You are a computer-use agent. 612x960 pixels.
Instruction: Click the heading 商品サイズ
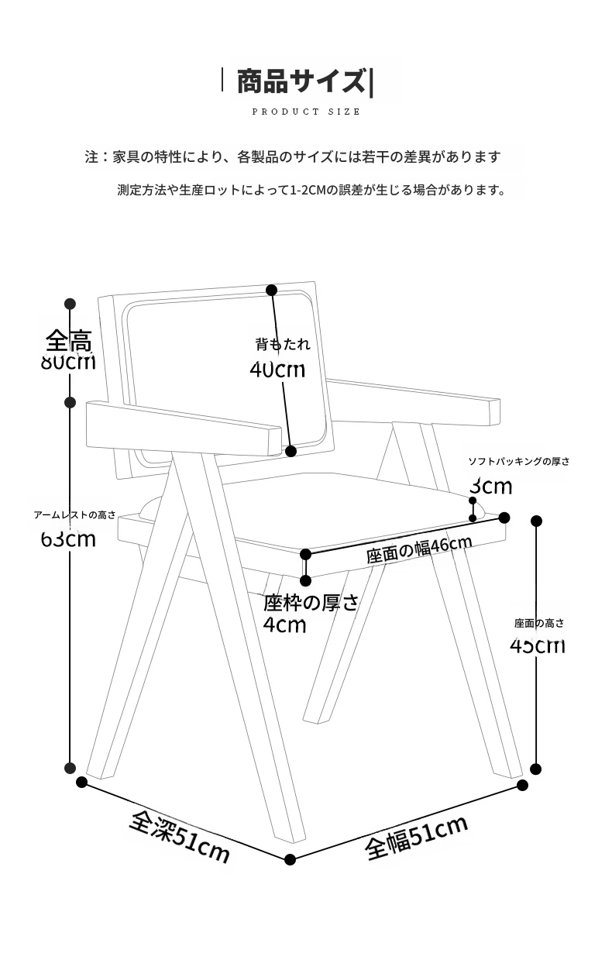[x=301, y=81]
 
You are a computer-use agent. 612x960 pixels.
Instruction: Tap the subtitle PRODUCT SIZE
[x=306, y=112]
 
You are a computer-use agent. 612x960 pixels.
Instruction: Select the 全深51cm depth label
[x=180, y=837]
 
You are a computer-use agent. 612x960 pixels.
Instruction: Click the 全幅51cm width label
[x=417, y=838]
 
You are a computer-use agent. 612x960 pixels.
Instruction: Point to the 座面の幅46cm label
[x=418, y=549]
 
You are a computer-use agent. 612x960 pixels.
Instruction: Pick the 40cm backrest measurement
[x=277, y=370]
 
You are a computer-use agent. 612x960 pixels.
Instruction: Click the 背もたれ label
[x=282, y=344]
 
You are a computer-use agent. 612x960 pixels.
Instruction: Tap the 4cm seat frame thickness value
[x=284, y=625]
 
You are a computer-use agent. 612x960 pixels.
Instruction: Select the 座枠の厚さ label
[x=311, y=603]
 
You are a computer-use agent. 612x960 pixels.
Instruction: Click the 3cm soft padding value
[x=491, y=487]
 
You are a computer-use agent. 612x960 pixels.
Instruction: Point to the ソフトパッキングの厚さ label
[x=518, y=462]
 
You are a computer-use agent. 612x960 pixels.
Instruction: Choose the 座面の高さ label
[x=539, y=623]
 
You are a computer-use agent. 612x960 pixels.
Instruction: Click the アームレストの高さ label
[x=74, y=515]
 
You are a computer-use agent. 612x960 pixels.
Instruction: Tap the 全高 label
[x=69, y=340]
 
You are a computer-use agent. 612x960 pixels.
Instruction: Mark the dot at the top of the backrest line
[x=272, y=291]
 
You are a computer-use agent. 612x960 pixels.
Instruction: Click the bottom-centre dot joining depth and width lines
[x=291, y=859]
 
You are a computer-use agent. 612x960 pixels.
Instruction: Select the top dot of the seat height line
[x=536, y=521]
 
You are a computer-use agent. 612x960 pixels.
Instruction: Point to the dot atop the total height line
[x=70, y=304]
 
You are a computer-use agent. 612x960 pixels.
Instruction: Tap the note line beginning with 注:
[x=293, y=157]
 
